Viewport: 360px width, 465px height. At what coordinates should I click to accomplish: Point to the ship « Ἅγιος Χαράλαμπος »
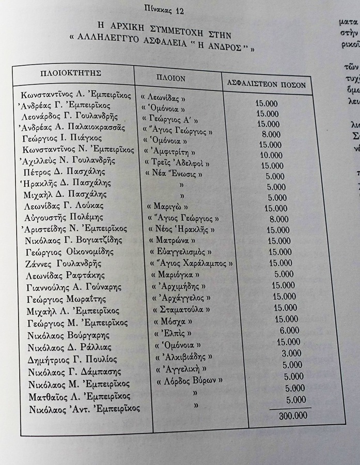pyautogui.click(x=190, y=264)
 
